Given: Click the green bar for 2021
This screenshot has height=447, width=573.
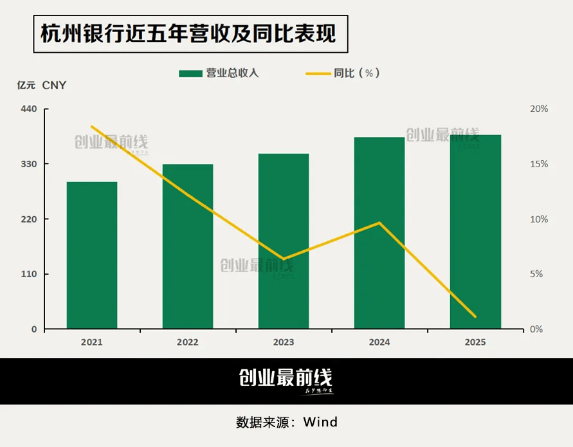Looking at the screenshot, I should click(92, 255).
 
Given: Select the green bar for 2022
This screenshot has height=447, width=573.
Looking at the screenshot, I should click(188, 246).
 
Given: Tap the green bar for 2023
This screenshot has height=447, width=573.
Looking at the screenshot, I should click(284, 241).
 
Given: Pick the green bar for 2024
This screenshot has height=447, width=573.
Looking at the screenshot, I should click(379, 233).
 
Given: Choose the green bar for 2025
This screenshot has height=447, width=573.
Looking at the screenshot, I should click(475, 232).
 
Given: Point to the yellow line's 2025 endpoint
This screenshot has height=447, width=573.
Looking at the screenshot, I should click(475, 316).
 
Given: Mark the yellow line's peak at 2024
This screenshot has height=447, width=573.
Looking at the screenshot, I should click(379, 223).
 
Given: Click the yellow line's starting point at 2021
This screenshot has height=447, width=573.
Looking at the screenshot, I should click(92, 126).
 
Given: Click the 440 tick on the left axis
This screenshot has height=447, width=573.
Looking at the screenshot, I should click(30, 109).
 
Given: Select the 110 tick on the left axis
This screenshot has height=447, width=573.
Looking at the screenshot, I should click(30, 274).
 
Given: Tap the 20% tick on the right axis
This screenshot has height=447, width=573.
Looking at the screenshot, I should click(539, 109).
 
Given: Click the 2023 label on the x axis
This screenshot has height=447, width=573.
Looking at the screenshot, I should click(284, 342).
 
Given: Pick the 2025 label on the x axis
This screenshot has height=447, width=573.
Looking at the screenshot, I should click(475, 342).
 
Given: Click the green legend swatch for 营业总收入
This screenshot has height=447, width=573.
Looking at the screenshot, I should click(190, 73).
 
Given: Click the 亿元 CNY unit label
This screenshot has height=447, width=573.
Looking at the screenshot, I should click(42, 85).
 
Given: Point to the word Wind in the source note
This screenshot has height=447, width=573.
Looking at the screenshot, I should click(320, 423).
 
